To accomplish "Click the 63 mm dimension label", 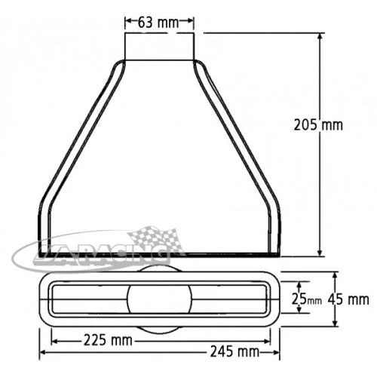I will [158, 23].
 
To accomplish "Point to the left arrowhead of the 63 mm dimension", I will [128, 23].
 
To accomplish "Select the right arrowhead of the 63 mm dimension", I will [191, 23].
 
